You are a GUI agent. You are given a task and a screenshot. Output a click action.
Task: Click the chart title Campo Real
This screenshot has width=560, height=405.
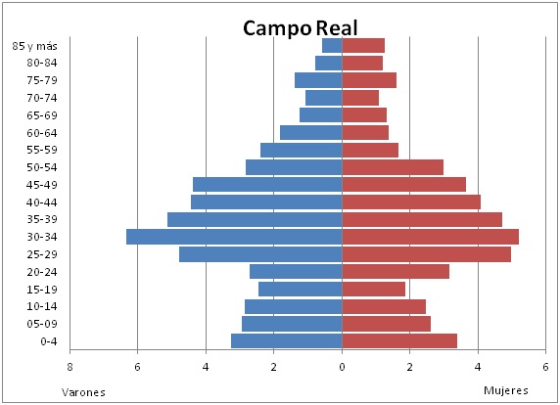tap(300, 28)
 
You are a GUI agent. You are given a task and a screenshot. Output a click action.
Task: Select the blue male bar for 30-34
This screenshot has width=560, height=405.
tap(234, 237)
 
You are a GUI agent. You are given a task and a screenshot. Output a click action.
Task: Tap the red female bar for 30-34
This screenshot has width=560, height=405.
tap(431, 237)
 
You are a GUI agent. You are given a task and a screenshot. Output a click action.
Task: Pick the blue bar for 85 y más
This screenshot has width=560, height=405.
tap(332, 46)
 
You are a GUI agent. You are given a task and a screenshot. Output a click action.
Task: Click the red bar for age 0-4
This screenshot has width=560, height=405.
tap(399, 340)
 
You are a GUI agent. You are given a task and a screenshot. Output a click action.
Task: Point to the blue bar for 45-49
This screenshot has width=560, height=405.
tap(267, 185)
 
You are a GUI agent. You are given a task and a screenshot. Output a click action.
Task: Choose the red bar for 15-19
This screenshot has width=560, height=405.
tap(374, 289)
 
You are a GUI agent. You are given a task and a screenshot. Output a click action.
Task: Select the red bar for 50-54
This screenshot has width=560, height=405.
tap(393, 167)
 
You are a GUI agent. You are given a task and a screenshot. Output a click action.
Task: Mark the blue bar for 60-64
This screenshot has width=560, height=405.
tap(311, 132)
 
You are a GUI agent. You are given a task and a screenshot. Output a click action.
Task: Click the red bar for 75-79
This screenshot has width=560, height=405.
tap(369, 80)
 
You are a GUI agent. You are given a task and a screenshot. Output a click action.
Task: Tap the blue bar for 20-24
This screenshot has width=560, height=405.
tap(296, 272)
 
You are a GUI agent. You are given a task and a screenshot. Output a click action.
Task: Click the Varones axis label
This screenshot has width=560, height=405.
tap(83, 392)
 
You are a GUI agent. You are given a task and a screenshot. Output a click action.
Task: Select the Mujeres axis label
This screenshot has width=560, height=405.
tap(506, 390)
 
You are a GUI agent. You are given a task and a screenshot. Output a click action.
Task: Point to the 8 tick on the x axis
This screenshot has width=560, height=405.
tap(70, 367)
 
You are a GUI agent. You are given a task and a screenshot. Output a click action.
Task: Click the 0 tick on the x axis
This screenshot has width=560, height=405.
tap(342, 367)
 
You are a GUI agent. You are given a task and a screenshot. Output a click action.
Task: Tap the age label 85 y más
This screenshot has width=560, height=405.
tap(34, 46)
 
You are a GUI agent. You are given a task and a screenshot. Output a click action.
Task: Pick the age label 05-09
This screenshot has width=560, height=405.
tap(42, 324)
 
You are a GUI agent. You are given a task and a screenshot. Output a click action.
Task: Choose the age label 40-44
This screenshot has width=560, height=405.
tap(42, 202)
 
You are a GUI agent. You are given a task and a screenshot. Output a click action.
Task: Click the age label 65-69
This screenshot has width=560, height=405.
tap(42, 115)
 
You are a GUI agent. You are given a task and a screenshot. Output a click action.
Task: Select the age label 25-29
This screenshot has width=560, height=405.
tap(42, 254)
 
